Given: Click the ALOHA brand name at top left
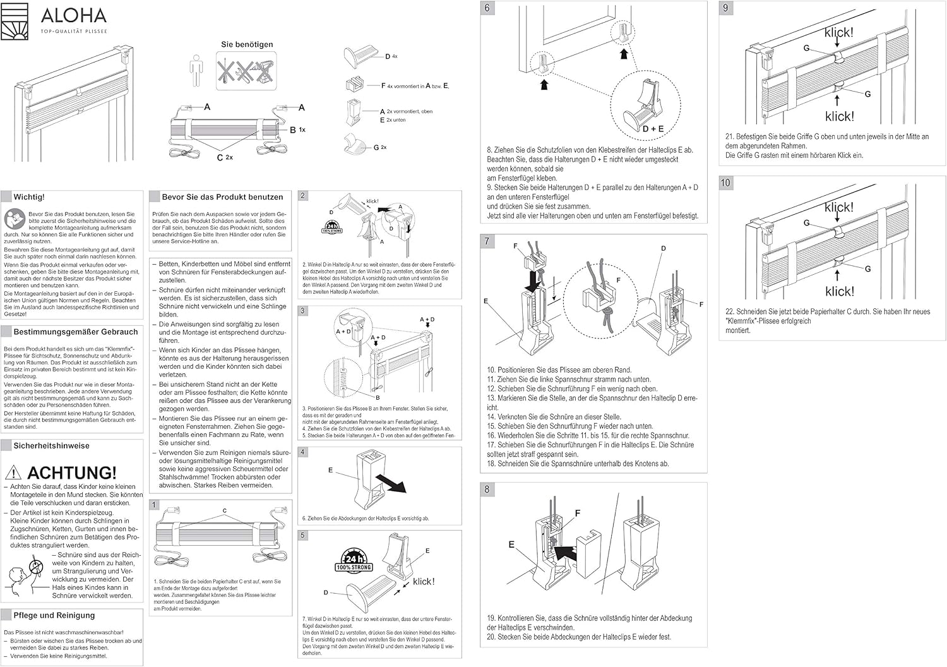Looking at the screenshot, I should [74, 15].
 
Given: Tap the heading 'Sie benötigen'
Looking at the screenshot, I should [247, 44].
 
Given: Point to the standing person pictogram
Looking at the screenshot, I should [196, 71].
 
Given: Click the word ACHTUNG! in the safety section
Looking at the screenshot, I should [72, 472].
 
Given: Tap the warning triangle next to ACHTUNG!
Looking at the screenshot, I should [13, 472].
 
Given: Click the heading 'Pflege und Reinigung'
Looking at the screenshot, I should [54, 615].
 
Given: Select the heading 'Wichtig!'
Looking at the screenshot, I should [29, 197].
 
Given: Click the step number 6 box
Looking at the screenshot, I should [487, 8].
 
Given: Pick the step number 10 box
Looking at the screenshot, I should [725, 183].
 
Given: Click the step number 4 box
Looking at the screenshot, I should [303, 452].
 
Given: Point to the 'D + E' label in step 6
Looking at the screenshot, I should [653, 129].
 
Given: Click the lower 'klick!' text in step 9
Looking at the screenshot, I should [839, 116].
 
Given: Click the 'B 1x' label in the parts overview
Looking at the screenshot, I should [297, 129].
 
